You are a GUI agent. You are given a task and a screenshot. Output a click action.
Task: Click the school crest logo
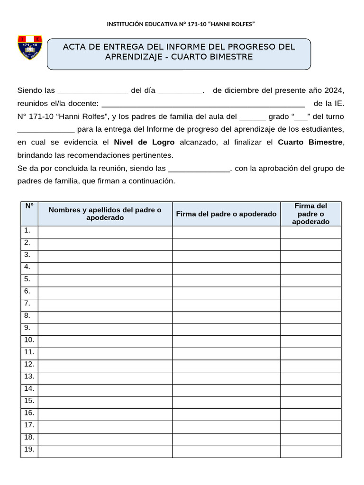30,47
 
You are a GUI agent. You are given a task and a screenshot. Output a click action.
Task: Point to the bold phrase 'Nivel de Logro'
144,142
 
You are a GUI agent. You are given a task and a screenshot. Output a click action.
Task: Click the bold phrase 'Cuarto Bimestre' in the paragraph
309,142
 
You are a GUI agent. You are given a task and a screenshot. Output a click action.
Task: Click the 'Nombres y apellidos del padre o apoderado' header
105,214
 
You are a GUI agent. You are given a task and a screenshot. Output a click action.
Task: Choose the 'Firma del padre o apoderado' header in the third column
226,214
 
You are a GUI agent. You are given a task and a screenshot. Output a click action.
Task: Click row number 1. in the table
27,231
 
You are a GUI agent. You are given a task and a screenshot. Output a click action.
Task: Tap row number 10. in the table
29,340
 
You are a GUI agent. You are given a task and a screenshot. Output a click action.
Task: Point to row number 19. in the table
29,449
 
